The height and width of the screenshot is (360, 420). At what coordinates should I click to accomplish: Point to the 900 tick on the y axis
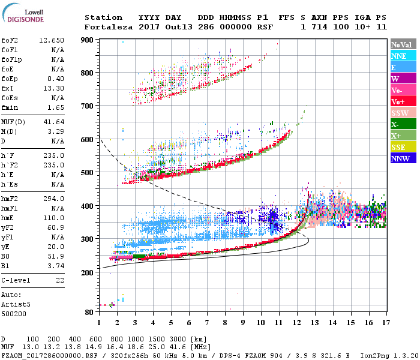[88, 40]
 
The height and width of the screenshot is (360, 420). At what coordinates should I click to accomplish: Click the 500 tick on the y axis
[88, 173]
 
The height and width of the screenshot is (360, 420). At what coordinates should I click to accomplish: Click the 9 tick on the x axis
[243, 322]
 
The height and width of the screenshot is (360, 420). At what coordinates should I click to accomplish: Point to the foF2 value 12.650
[52, 40]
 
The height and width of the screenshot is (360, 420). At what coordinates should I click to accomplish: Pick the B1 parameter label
[7, 266]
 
